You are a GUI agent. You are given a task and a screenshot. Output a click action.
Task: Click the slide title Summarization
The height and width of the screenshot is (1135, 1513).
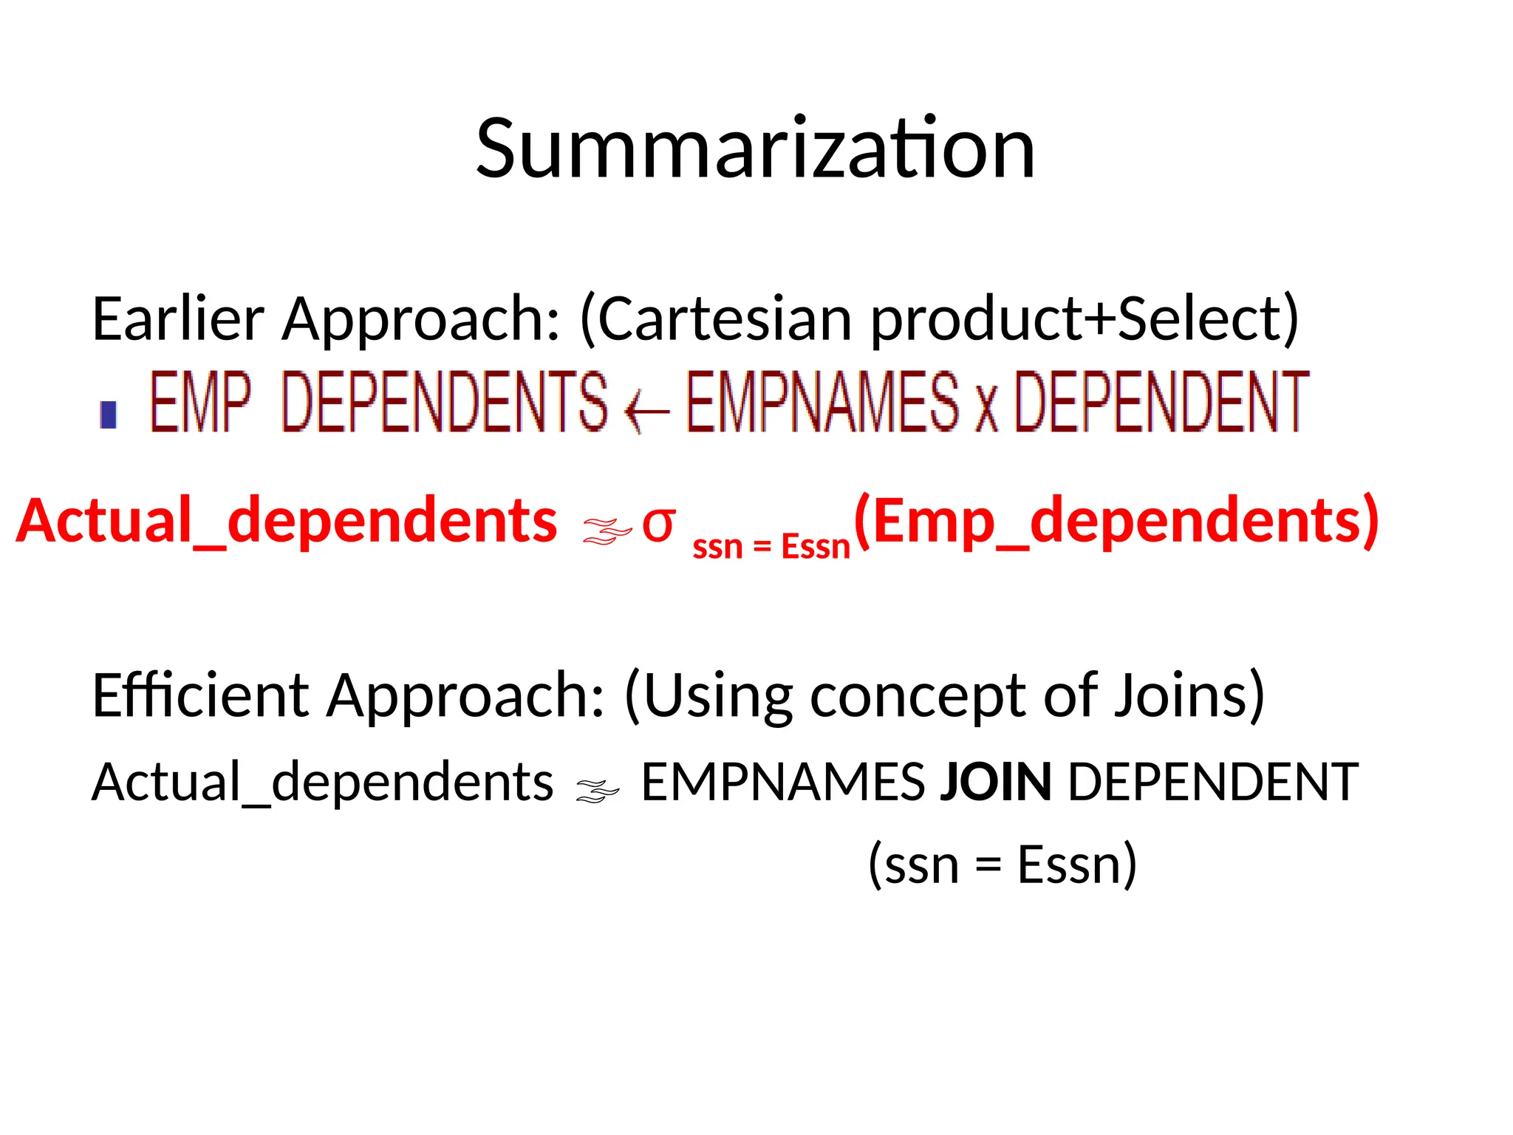755,149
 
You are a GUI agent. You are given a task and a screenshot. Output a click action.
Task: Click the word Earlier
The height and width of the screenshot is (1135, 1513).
178,319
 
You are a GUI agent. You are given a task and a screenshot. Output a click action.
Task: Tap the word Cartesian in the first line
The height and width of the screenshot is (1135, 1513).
724,319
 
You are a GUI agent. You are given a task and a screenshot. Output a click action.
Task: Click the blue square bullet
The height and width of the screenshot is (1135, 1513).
109,415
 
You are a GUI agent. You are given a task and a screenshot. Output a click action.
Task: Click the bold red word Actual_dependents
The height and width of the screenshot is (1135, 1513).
287,522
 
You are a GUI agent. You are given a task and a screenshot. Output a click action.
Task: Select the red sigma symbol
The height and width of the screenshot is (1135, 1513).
658,525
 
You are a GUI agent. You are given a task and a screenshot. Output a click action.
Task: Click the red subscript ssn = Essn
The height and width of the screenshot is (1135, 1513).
771,548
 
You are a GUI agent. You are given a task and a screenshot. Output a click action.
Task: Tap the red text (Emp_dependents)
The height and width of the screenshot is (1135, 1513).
1116,522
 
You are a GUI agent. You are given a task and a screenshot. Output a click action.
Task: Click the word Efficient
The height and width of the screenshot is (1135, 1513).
200,696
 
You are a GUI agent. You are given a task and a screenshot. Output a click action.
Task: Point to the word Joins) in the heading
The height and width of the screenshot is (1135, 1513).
1189,696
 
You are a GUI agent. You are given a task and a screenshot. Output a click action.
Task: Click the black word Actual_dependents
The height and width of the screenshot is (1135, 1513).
322,783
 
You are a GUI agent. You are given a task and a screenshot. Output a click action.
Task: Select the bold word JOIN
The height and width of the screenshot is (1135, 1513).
995,783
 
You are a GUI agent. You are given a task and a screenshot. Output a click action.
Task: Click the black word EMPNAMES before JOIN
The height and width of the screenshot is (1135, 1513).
782,783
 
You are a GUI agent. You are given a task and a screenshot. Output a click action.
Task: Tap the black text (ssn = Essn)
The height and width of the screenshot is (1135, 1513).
1003,865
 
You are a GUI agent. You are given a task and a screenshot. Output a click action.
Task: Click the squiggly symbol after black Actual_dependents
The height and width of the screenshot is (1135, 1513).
598,791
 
